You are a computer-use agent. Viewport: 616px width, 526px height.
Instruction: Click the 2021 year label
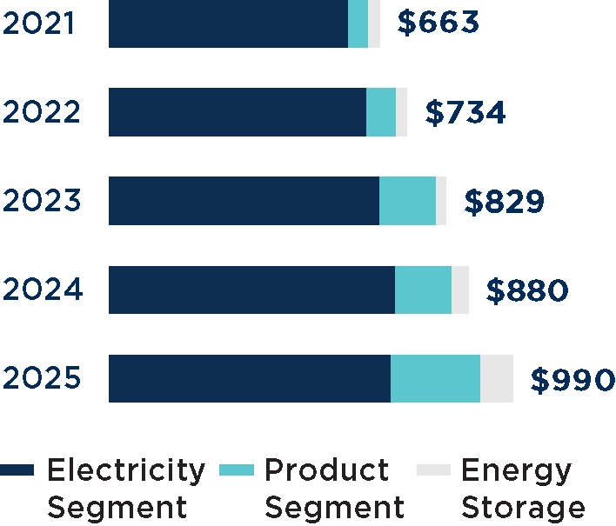tap(38, 23)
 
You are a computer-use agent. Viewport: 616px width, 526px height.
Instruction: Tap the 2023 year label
tap(42, 201)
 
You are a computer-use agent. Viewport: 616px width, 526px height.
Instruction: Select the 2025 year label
tap(42, 379)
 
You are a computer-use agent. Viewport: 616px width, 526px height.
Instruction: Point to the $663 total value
tap(438, 23)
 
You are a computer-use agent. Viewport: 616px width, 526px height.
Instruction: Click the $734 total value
tap(465, 112)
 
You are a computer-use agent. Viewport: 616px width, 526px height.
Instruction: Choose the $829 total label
tap(505, 202)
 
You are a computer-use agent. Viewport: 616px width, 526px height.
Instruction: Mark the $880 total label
tap(527, 290)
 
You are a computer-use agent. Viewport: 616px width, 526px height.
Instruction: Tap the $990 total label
tap(572, 380)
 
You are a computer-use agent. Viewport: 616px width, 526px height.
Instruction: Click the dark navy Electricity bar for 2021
tap(228, 23)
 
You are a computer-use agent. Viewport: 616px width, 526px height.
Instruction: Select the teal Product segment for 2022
tap(381, 112)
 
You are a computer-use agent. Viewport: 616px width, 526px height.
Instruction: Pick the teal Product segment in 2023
tap(407, 201)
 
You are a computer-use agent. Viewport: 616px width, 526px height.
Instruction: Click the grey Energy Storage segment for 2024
tap(460, 290)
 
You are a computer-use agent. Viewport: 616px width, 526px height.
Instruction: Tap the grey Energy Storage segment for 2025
tap(497, 379)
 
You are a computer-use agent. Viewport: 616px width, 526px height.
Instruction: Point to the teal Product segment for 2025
tap(435, 379)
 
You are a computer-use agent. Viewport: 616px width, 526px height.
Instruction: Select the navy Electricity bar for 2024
tap(251, 290)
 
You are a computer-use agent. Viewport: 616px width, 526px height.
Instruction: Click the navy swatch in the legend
tap(17, 471)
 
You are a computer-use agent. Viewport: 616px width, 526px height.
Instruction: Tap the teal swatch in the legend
tap(237, 471)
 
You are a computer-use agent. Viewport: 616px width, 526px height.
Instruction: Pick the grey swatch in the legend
tap(434, 471)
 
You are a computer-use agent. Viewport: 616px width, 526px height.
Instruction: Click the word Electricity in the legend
tap(126, 470)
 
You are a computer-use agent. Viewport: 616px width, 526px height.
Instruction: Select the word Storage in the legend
tap(523, 508)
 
